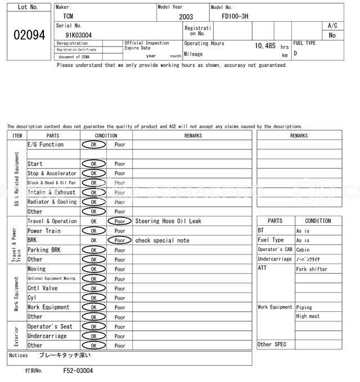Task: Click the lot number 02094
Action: pyautogui.click(x=29, y=35)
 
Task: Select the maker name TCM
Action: pyautogui.click(x=67, y=17)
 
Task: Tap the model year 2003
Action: pyautogui.click(x=186, y=17)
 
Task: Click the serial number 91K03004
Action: pyautogui.click(x=78, y=35)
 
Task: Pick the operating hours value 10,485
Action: pyautogui.click(x=265, y=46)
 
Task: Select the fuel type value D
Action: pyautogui.click(x=295, y=53)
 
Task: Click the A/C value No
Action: pyautogui.click(x=332, y=35)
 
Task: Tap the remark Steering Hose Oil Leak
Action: pyautogui.click(x=168, y=221)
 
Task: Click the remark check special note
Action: pyautogui.click(x=162, y=240)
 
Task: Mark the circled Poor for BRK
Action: pyautogui.click(x=120, y=240)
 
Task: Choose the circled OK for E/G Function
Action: pyautogui.click(x=94, y=145)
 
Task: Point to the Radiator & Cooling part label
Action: pyautogui.click(x=52, y=202)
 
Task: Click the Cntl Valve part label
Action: pyautogui.click(x=43, y=288)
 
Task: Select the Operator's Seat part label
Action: pyautogui.click(x=50, y=326)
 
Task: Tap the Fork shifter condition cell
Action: pyautogui.click(x=312, y=269)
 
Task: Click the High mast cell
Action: pyautogui.click(x=308, y=316)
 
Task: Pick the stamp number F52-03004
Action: pyautogui.click(x=78, y=371)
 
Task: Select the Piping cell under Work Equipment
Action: pyautogui.click(x=305, y=307)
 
